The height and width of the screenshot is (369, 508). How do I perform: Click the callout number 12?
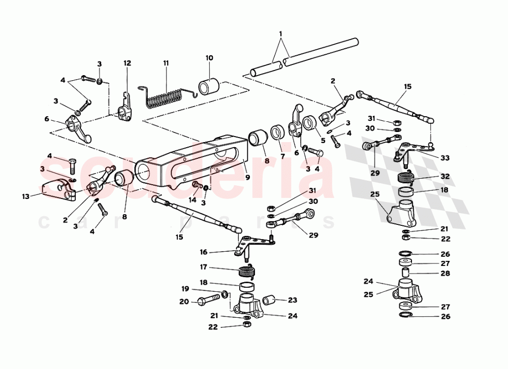click(127, 63)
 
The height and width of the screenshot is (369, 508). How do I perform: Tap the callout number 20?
click(184, 302)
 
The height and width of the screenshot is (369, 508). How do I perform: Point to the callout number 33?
click(445, 158)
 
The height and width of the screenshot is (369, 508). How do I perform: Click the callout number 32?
click(445, 177)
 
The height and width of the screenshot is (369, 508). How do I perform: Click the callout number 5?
click(323, 141)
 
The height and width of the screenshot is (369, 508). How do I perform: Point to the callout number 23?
click(292, 300)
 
